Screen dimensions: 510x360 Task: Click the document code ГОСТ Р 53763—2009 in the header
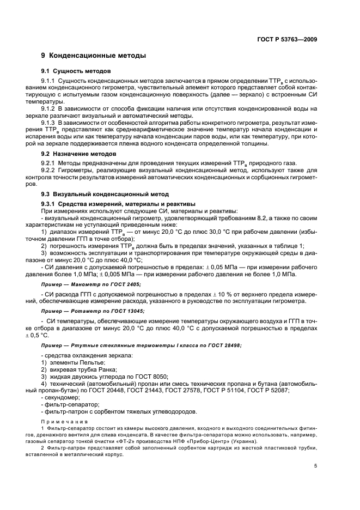click(289, 39)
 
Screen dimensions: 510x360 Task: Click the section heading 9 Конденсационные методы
click(93, 56)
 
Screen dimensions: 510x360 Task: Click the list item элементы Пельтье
click(70, 362)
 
